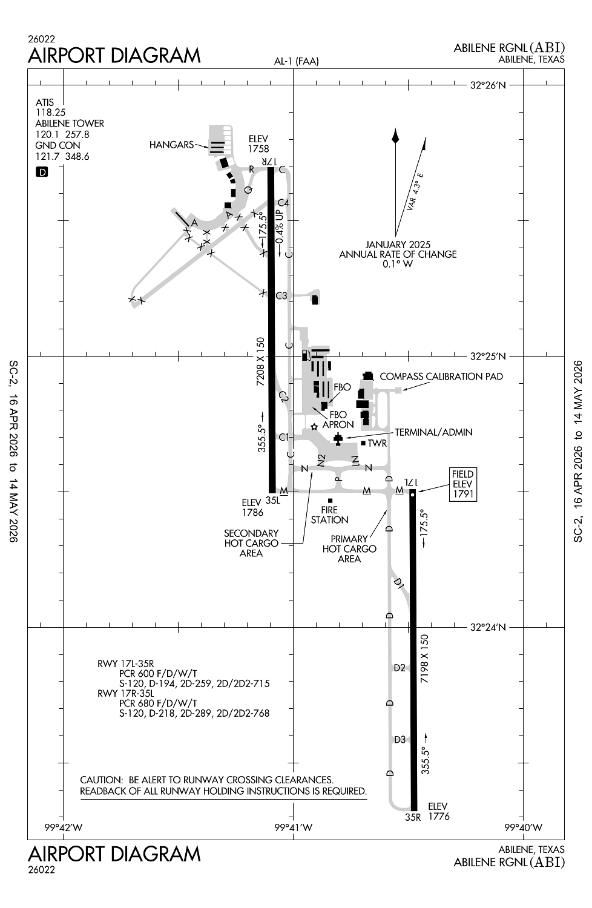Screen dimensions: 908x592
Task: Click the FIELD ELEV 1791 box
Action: coord(462,484)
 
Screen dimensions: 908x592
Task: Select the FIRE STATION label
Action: coord(329,515)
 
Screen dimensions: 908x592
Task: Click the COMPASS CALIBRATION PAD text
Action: coord(441,377)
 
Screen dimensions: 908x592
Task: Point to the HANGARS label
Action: coord(171,145)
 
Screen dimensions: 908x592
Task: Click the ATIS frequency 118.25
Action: coord(50,113)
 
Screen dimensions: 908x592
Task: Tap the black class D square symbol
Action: coord(42,172)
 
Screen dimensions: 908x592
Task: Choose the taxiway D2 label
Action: coord(400,668)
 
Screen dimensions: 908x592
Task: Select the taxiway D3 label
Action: coord(400,740)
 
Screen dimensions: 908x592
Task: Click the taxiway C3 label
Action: coord(281,296)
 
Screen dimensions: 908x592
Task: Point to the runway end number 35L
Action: coord(272,500)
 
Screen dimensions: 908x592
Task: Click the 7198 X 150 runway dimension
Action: coord(424,659)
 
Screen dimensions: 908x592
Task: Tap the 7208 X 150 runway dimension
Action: coord(261,362)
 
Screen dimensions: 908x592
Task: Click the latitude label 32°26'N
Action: coord(487,85)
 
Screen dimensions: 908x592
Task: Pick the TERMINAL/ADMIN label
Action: coord(433,432)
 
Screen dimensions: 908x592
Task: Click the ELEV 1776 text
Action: coord(438,811)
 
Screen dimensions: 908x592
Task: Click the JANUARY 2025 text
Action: coord(398,245)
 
